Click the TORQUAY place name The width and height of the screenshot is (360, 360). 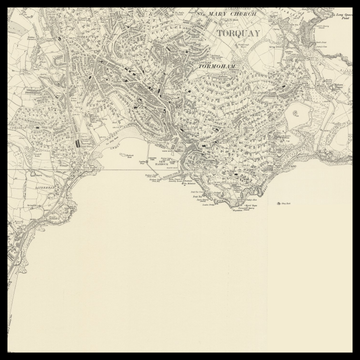tap(236, 31)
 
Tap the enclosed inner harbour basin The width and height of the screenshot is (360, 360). tap(191, 158)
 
